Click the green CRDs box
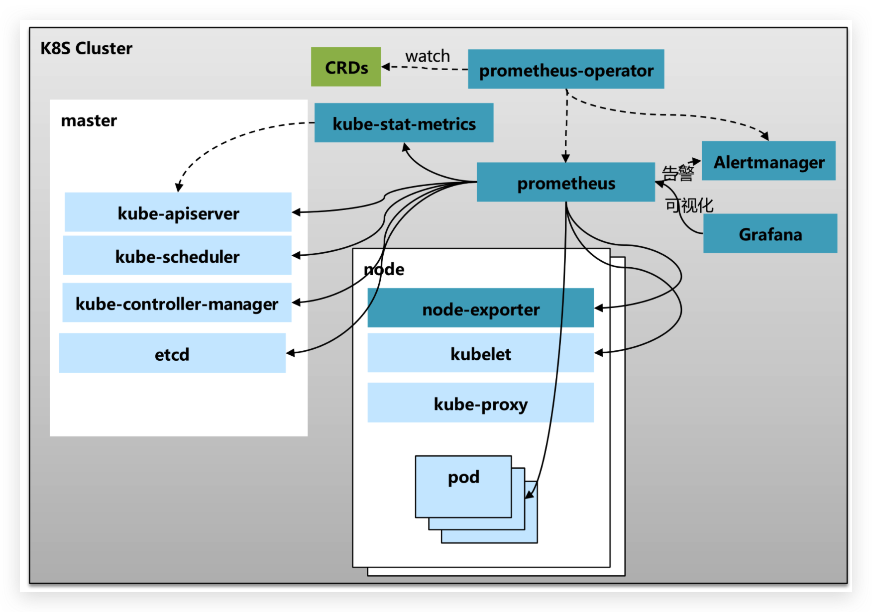click(346, 67)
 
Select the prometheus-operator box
click(566, 69)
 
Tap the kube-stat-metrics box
click(404, 123)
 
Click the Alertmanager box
click(768, 161)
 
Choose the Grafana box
click(770, 233)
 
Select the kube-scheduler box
click(177, 255)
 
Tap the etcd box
click(172, 353)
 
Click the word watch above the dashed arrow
click(428, 56)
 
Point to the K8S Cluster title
click(86, 48)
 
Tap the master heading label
click(89, 120)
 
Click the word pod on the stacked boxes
click(463, 477)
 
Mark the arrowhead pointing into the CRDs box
click(385, 67)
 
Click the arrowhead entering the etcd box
click(290, 353)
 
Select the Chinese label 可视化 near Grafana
click(689, 205)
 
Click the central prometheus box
click(565, 182)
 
